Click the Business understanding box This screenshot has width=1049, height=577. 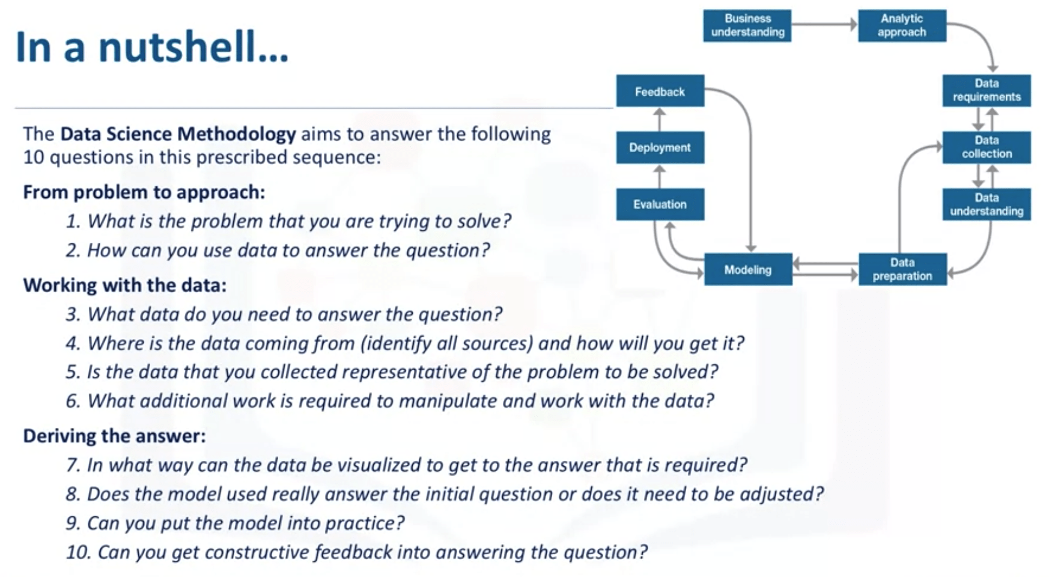(x=747, y=25)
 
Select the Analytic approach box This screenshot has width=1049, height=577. (x=902, y=25)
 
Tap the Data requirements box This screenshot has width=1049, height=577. (x=987, y=90)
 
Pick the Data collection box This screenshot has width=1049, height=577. (x=987, y=147)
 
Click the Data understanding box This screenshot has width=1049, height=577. (x=987, y=204)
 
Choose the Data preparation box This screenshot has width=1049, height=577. (x=902, y=269)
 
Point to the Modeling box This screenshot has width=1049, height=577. (x=747, y=269)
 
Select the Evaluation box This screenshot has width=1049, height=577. (x=660, y=204)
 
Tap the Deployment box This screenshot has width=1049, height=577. (x=660, y=147)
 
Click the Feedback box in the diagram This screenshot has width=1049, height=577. (x=660, y=91)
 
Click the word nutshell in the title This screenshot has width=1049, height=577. (x=193, y=47)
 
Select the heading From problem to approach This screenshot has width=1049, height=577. (x=144, y=192)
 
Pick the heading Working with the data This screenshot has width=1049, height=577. (x=125, y=285)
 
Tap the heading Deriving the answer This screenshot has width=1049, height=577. (x=114, y=436)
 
